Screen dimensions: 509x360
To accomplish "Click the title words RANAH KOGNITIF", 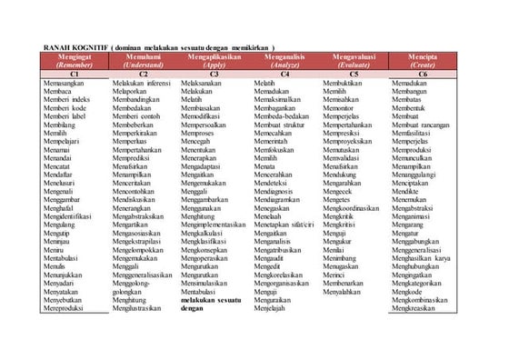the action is coord(78,45).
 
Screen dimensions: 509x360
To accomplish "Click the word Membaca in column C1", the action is coord(60,92).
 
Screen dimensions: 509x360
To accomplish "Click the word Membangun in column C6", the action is coord(411,92).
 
